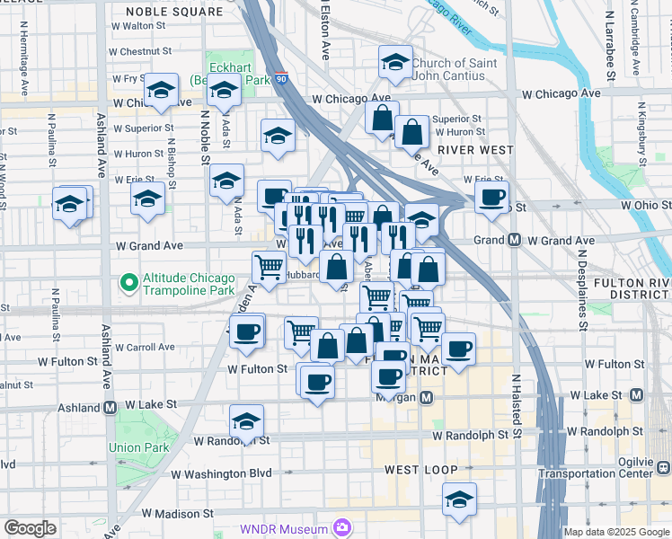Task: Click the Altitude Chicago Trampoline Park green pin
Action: pyautogui.click(x=129, y=284)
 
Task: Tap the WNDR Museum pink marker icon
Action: pyautogui.click(x=340, y=527)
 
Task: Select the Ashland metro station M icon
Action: pyautogui.click(x=111, y=407)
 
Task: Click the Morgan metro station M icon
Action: pyautogui.click(x=427, y=396)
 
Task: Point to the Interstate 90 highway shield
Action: pyautogui.click(x=281, y=79)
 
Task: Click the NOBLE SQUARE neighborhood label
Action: pyautogui.click(x=174, y=12)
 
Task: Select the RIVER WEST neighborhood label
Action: pyautogui.click(x=474, y=150)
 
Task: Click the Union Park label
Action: pyautogui.click(x=138, y=447)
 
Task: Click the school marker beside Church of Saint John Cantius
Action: pyautogui.click(x=395, y=62)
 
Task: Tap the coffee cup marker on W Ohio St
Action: pyautogui.click(x=491, y=198)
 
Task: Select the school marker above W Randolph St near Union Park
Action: pyautogui.click(x=246, y=422)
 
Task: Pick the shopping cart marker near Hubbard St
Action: pyautogui.click(x=269, y=266)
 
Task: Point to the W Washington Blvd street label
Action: pyautogui.click(x=221, y=473)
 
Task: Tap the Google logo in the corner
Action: pyautogui.click(x=30, y=528)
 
